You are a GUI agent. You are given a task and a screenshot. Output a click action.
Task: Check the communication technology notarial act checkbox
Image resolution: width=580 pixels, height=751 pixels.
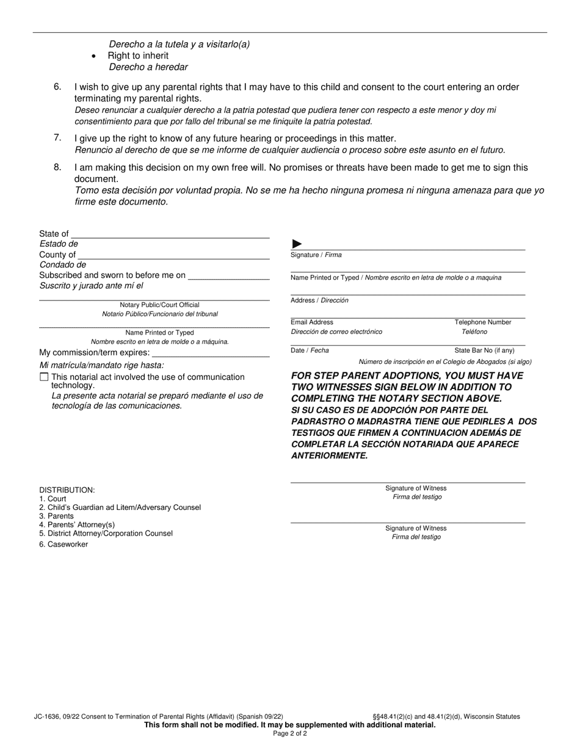click(44, 377)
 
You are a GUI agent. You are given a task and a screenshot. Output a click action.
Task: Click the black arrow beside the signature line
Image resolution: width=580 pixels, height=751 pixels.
click(297, 244)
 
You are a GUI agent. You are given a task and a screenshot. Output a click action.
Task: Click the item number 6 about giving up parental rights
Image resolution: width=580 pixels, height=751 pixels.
click(57, 87)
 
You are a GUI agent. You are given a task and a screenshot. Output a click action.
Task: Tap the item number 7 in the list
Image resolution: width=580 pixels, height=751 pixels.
click(57, 138)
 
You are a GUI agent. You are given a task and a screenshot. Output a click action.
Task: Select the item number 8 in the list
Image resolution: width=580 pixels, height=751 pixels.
click(57, 167)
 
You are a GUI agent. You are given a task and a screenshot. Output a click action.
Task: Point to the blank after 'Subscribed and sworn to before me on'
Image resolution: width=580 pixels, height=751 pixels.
click(229, 277)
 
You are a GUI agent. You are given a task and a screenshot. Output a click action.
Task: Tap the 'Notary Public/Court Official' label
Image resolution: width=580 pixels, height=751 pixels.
click(159, 305)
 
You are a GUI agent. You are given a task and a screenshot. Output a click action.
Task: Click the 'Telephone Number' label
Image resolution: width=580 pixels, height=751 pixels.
click(483, 322)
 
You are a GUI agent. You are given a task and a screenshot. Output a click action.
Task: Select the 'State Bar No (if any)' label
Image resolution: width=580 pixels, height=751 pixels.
click(484, 350)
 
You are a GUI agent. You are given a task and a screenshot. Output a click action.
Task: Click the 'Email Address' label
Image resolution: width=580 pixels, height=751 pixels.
click(312, 322)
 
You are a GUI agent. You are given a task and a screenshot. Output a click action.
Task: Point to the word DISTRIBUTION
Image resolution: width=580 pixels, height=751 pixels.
click(67, 490)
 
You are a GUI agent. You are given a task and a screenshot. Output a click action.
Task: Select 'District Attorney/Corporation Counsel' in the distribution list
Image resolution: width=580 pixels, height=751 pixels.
click(110, 533)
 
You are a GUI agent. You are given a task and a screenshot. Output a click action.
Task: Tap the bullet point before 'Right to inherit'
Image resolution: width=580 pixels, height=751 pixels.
click(93, 56)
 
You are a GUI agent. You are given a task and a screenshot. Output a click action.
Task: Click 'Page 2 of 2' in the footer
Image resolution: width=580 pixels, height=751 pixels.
click(290, 733)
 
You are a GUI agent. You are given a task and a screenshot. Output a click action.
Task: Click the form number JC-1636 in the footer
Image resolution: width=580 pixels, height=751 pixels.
click(46, 717)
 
